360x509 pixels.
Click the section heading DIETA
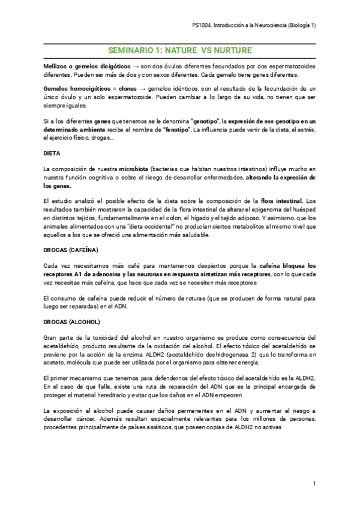[52, 154]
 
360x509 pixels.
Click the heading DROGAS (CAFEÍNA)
[71, 249]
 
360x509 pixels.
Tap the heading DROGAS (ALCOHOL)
[70, 322]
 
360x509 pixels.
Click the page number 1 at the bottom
[314, 484]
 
